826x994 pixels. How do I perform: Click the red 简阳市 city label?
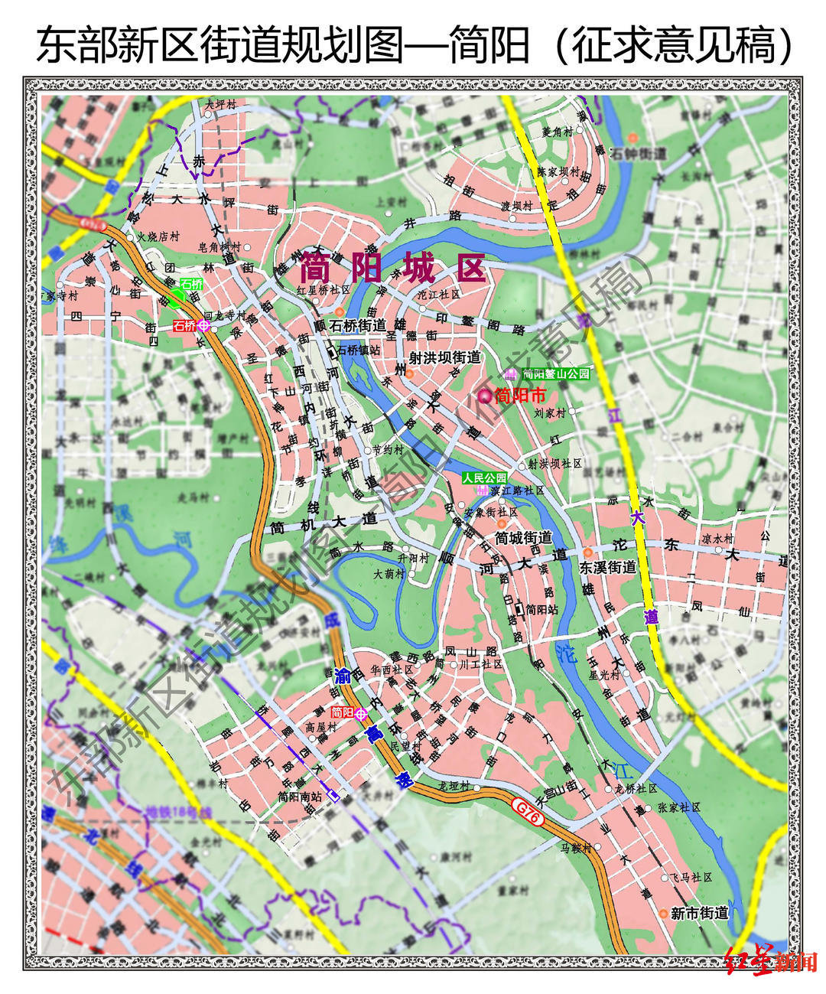coord(520,396)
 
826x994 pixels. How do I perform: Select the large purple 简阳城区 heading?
coord(392,269)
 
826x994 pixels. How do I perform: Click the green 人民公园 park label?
coord(484,477)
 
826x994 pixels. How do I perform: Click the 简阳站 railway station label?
coord(541,609)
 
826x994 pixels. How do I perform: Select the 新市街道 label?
coord(699,913)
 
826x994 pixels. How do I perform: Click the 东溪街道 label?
coord(608,567)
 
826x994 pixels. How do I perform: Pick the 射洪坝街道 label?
coord(445,357)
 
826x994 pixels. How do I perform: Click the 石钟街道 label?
coord(638,154)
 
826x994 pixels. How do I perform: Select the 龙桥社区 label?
coord(636,788)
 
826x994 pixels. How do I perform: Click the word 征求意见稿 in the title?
coord(673,44)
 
